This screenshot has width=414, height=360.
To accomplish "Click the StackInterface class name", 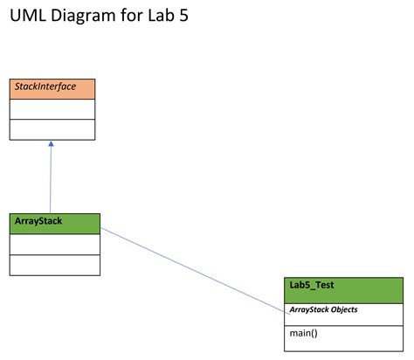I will pyautogui.click(x=44, y=87).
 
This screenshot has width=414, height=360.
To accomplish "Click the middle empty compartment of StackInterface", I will pyautogui.click(x=52, y=108).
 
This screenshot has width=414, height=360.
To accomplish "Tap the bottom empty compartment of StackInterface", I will pyautogui.click(x=52, y=129).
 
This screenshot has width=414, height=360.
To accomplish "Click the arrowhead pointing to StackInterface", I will pyautogui.click(x=51, y=144).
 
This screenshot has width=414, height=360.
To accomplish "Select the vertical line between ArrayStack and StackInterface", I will pyautogui.click(x=51, y=179).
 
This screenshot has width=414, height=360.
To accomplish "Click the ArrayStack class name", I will pyautogui.click(x=38, y=221).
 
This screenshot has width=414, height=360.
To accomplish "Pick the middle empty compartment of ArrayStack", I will pyautogui.click(x=55, y=244).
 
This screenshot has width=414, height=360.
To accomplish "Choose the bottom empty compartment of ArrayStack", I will pyautogui.click(x=55, y=265).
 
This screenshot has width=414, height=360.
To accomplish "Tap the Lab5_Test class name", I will pyautogui.click(x=312, y=285).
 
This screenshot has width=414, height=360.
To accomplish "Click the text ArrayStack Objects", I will pyautogui.click(x=323, y=309).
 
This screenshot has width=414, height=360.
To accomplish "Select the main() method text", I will pyautogui.click(x=303, y=333).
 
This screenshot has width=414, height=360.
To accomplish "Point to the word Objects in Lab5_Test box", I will pyautogui.click(x=343, y=309).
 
